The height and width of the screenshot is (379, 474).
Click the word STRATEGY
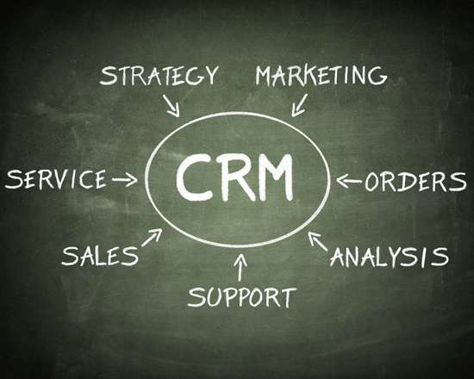tap(159, 75)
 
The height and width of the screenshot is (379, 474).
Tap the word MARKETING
tap(321, 75)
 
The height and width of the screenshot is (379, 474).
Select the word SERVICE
tap(56, 179)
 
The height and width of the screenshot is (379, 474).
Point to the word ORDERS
tap(415, 182)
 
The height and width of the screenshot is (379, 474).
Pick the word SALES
tap(100, 256)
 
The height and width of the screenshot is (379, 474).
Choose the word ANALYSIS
tap(390, 258)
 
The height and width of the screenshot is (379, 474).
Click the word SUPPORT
tap(242, 297)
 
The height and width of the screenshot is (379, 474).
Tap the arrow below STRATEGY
tap(172, 105)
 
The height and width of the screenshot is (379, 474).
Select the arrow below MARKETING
tap(299, 105)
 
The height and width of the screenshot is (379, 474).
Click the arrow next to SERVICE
tap(125, 180)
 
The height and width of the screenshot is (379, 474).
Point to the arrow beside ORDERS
tap(349, 182)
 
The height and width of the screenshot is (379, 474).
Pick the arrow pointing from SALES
tap(152, 238)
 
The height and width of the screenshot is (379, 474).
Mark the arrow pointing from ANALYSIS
tap(318, 241)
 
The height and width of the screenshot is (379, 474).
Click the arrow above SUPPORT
tap(240, 267)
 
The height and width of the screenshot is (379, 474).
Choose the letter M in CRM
tap(275, 177)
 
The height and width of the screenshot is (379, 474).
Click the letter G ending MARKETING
tap(377, 76)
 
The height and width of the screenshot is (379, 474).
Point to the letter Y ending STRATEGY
tap(210, 74)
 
